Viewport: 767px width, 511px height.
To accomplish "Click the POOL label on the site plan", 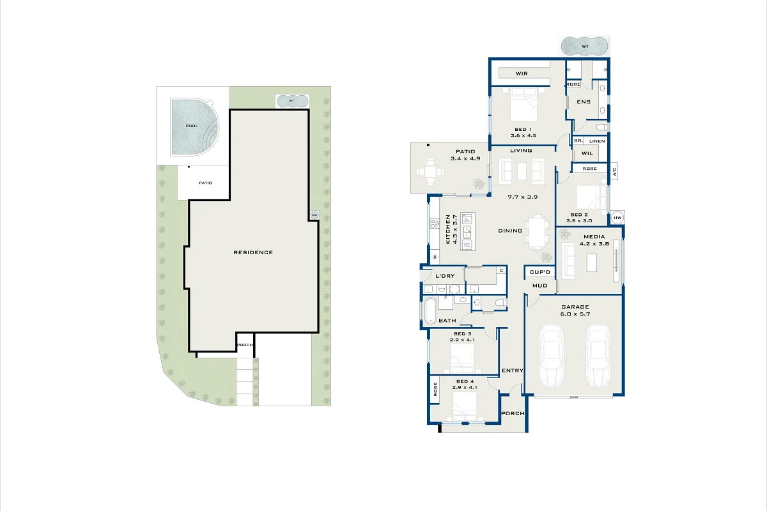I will (x=192, y=126).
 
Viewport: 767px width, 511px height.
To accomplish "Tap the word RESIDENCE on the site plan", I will (x=253, y=252).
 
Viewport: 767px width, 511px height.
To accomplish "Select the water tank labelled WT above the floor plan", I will (x=584, y=47).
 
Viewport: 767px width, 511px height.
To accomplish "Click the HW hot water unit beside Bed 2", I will (x=617, y=218).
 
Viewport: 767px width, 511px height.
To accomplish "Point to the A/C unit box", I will (x=614, y=171).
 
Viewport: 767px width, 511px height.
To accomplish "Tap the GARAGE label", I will (x=575, y=307).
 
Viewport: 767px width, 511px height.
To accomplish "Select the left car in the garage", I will (x=551, y=355).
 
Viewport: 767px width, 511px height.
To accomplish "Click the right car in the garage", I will (x=598, y=355).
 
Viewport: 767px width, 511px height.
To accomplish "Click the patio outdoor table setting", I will (x=432, y=172).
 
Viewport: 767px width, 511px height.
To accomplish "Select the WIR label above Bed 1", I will (x=522, y=74).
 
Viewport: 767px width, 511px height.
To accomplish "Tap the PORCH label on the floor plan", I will (x=513, y=413).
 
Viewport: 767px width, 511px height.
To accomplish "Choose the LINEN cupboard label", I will (x=597, y=141).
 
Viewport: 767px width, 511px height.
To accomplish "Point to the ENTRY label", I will (x=513, y=370).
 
